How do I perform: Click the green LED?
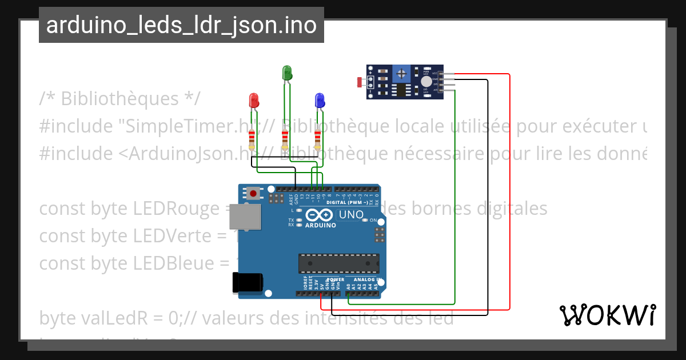pos(287,73)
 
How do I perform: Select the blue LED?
pos(320,101)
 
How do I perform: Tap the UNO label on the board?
pos(351,215)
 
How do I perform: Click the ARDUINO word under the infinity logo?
pos(320,225)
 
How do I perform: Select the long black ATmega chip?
pos(338,263)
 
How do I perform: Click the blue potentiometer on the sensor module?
pos(402,73)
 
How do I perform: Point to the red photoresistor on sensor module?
pos(360,82)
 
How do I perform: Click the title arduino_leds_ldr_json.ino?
pos(181,25)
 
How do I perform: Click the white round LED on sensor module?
pos(426,82)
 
